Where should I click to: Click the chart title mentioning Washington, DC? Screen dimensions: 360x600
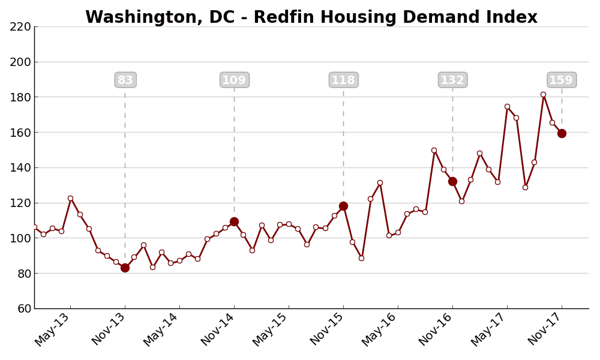(311, 17)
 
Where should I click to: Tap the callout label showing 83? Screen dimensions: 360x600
(125, 80)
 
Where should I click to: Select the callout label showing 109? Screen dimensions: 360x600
(234, 80)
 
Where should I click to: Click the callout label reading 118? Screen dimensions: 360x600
(343, 80)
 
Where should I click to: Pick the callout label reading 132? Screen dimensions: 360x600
(452, 80)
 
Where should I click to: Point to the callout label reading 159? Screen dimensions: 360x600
(562, 80)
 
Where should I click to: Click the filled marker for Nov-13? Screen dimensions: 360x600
(125, 268)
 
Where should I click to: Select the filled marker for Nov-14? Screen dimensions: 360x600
(234, 221)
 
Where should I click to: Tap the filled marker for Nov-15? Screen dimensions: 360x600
(343, 206)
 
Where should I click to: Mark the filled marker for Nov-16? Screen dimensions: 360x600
(452, 181)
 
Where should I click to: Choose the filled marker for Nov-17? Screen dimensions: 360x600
(562, 133)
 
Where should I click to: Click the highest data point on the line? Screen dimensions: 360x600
(543, 94)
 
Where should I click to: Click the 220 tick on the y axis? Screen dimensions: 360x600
(20, 26)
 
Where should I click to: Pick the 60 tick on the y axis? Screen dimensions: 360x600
(23, 308)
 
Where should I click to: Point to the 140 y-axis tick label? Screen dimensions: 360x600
(20, 167)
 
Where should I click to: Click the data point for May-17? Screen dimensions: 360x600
(507, 107)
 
